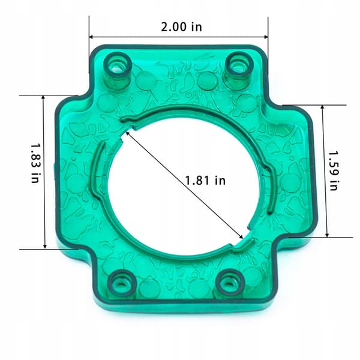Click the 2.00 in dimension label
(x=181, y=27)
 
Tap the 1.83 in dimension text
(x=35, y=163)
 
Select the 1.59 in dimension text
(x=334, y=170)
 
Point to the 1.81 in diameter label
(x=205, y=180)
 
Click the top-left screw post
(x=118, y=70)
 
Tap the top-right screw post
(x=239, y=69)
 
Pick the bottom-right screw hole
(x=230, y=283)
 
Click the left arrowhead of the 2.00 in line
(x=91, y=37)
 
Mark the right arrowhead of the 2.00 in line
(x=266, y=37)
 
